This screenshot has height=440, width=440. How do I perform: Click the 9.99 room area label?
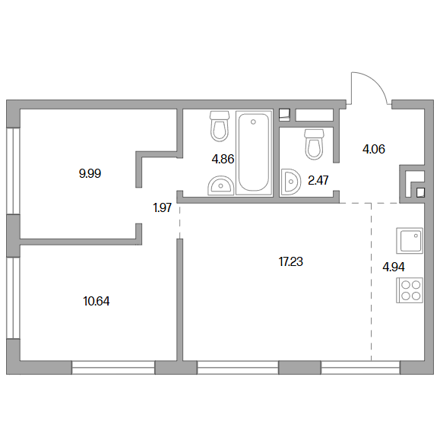pyautogui.click(x=90, y=174)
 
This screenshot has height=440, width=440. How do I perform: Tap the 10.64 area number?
pyautogui.click(x=97, y=302)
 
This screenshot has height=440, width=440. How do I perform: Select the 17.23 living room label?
pyautogui.click(x=291, y=262)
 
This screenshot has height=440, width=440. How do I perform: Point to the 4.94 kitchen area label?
pyautogui.click(x=394, y=267)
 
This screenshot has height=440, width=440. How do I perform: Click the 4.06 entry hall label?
pyautogui.click(x=373, y=149)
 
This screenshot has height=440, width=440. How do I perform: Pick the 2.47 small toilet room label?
pyautogui.click(x=318, y=180)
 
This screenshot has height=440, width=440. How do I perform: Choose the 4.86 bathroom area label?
pyautogui.click(x=223, y=159)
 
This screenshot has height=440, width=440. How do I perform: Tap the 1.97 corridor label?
pyautogui.click(x=162, y=208)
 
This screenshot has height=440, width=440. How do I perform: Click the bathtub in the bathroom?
pyautogui.click(x=254, y=153)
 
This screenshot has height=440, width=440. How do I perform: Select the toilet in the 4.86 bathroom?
pyautogui.click(x=220, y=126)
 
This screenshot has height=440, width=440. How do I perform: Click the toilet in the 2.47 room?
pyautogui.click(x=315, y=144)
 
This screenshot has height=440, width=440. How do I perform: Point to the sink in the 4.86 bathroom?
pyautogui.click(x=221, y=185)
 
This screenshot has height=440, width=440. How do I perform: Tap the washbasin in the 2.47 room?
pyautogui.click(x=291, y=182)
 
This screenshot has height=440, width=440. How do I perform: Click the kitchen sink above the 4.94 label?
pyautogui.click(x=410, y=240)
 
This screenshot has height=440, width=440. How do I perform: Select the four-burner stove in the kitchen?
pyautogui.click(x=410, y=290)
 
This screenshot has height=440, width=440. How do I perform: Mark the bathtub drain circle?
pyautogui.click(x=253, y=122)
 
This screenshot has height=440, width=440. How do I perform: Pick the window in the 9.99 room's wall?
pyautogui.click(x=13, y=171)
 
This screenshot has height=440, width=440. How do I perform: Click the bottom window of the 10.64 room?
pyautogui.click(x=113, y=368)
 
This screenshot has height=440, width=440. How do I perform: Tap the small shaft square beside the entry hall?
pyautogui.click(x=421, y=193)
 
